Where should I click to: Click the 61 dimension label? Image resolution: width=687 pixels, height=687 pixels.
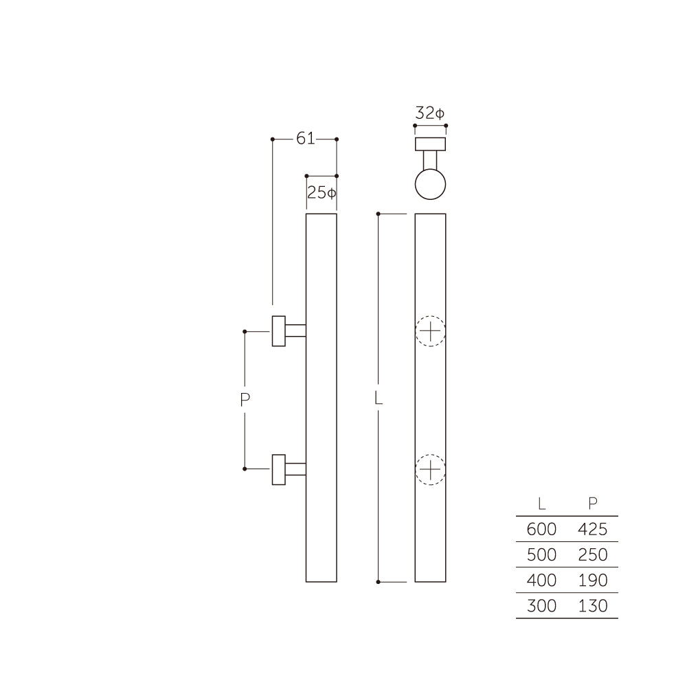tap(305, 139)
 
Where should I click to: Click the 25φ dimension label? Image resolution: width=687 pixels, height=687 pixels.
tap(322, 193)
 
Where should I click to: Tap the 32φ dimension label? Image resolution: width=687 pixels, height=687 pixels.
tap(430, 113)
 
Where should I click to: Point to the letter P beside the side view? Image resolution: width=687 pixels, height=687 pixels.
tap(245, 400)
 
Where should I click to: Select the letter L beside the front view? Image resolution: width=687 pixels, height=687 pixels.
tap(378, 398)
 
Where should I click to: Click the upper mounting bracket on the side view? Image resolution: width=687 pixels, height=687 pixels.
tap(279, 331)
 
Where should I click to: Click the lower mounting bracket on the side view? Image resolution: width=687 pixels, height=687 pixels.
tap(279, 469)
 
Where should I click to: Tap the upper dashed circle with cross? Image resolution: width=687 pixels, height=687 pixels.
tap(430, 332)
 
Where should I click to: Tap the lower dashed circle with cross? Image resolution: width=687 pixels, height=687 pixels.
tap(430, 470)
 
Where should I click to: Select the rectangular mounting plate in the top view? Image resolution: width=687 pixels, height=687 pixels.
tap(431, 144)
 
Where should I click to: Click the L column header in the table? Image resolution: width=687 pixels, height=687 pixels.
tap(542, 504)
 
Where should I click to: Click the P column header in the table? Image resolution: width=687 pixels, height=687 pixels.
tap(593, 504)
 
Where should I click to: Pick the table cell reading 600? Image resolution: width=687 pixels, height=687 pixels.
tap(541, 530)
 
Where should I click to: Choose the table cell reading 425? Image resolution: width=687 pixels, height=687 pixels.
tap(593, 530)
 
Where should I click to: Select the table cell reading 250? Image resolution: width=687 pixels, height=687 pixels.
tap(593, 555)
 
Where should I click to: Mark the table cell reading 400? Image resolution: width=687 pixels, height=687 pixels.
tap(541, 581)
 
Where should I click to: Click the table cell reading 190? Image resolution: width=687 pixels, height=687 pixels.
tap(593, 581)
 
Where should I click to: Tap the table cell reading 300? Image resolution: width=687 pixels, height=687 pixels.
tap(541, 606)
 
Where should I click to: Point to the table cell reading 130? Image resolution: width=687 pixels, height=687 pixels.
tap(593, 606)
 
